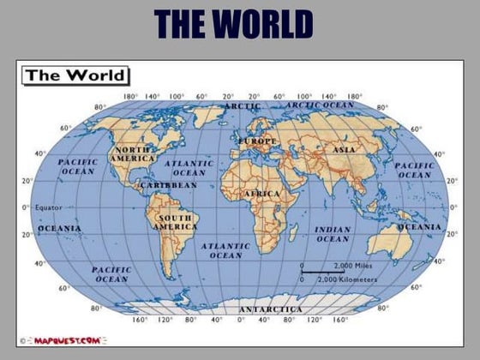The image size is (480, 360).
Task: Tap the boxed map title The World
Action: tap(75, 75)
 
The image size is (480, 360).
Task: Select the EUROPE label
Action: tap(258, 141)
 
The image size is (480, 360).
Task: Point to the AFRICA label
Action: tap(261, 194)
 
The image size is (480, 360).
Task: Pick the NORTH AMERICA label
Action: tap(135, 154)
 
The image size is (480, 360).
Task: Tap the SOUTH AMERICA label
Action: tap(176, 223)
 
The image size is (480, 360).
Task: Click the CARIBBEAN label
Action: tap(168, 185)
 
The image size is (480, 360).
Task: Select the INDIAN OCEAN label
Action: tap(333, 234)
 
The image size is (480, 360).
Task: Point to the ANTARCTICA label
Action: tap(270, 309)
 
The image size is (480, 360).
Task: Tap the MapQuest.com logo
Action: tap(68, 340)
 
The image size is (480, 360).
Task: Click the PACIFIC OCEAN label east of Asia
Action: tap(415, 170)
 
